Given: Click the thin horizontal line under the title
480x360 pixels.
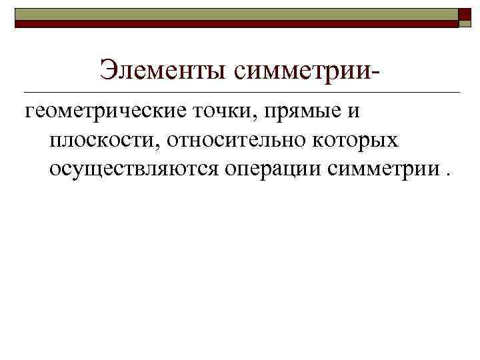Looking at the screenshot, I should (240, 91).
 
